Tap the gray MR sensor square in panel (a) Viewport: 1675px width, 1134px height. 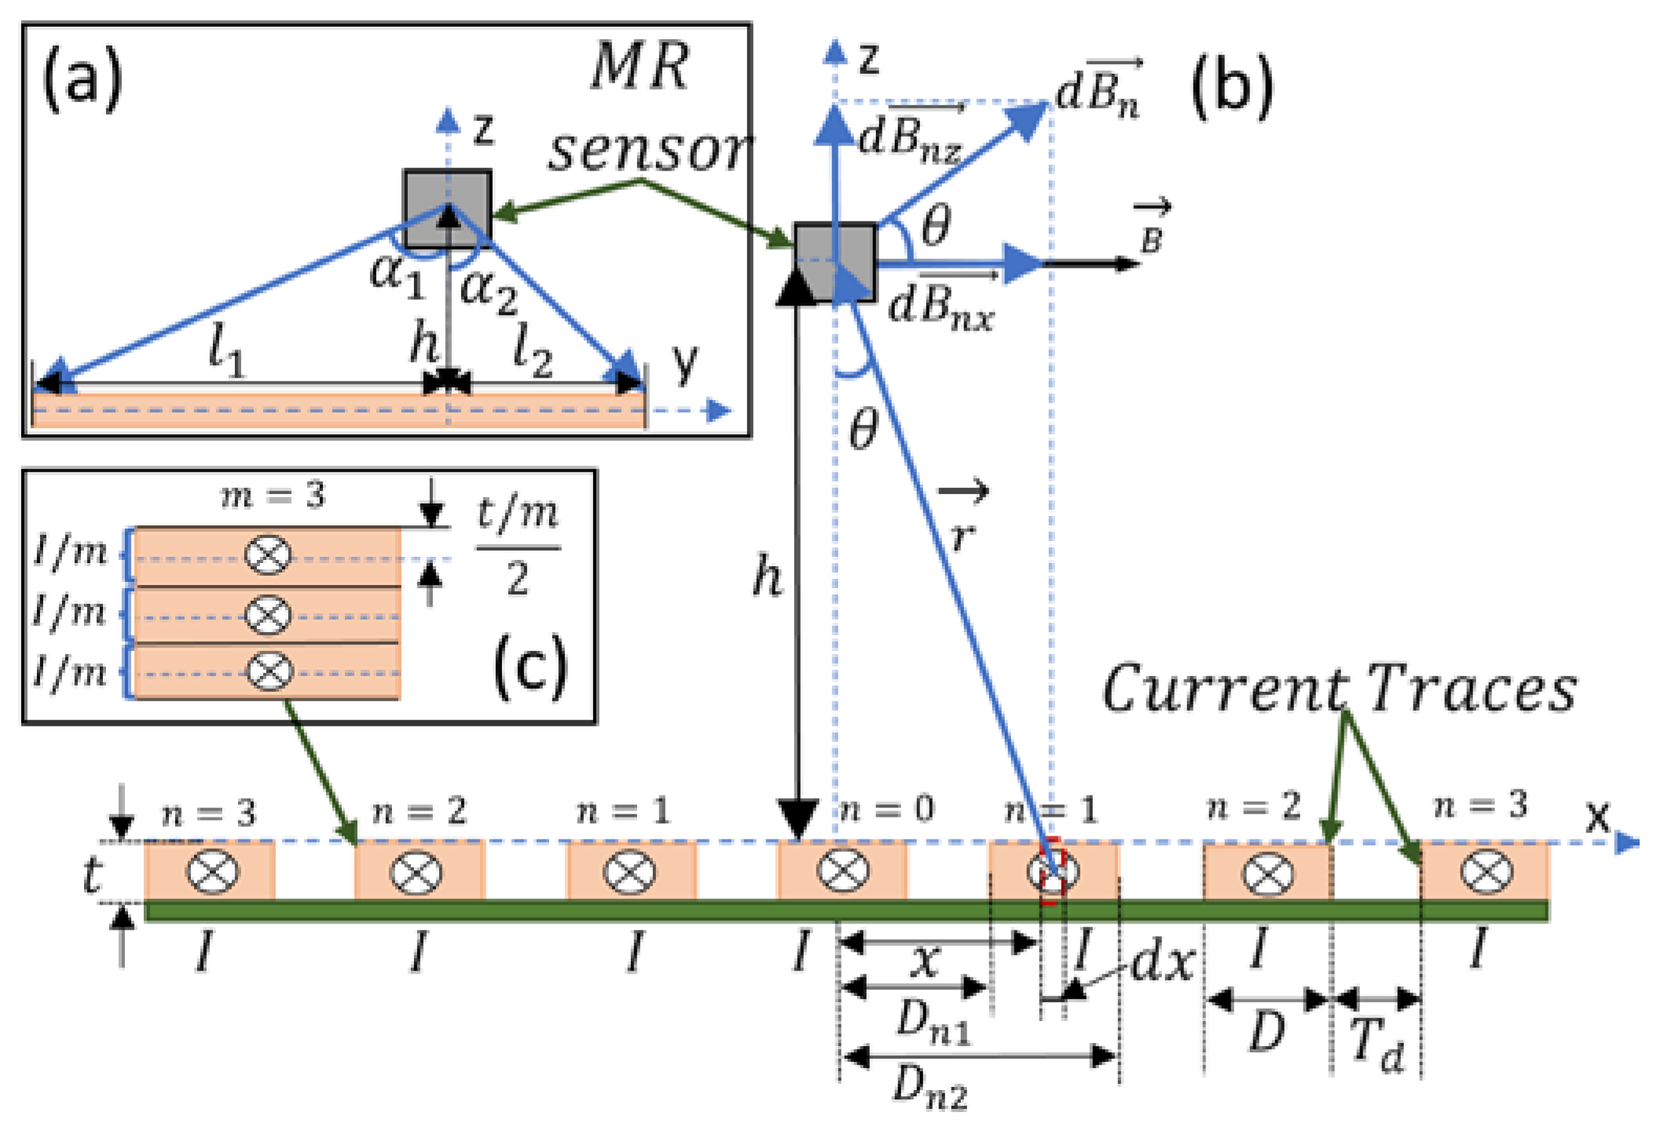pos(448,208)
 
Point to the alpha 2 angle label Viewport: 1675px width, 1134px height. pos(489,291)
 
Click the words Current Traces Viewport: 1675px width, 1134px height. pos(1340,689)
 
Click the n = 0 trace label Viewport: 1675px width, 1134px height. pos(886,809)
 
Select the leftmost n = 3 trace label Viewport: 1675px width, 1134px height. pos(209,814)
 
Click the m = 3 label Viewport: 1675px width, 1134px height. pos(273,496)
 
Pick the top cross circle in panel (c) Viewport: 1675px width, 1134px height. pos(268,555)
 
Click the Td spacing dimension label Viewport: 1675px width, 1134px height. pos(1378,1046)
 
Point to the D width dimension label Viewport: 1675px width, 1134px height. pos(1266,1031)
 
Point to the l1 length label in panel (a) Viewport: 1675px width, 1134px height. pos(226,352)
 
